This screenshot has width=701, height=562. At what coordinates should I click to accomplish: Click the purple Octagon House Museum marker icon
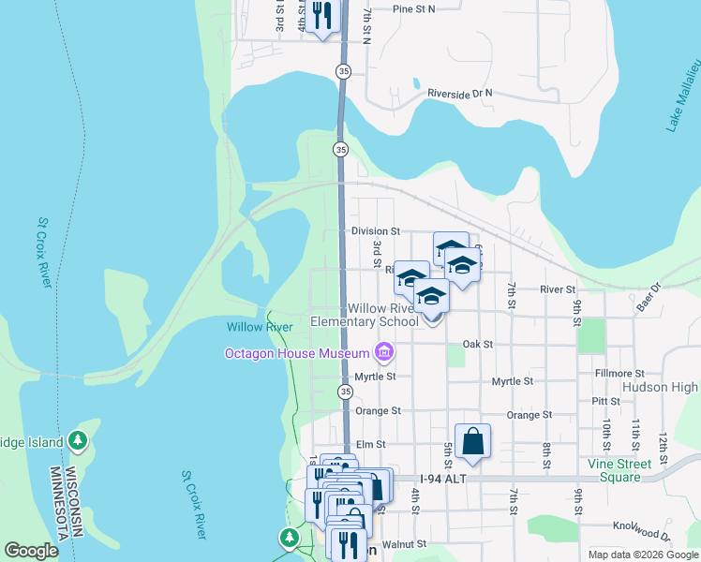point(382,352)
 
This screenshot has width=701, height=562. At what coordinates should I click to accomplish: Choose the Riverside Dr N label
point(459,94)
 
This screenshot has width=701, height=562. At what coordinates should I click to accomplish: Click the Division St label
point(375,230)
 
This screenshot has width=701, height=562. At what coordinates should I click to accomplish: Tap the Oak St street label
point(477,344)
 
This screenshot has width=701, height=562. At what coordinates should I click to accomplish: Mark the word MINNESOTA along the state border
point(55,512)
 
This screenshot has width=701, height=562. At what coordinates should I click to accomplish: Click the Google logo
point(31,551)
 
